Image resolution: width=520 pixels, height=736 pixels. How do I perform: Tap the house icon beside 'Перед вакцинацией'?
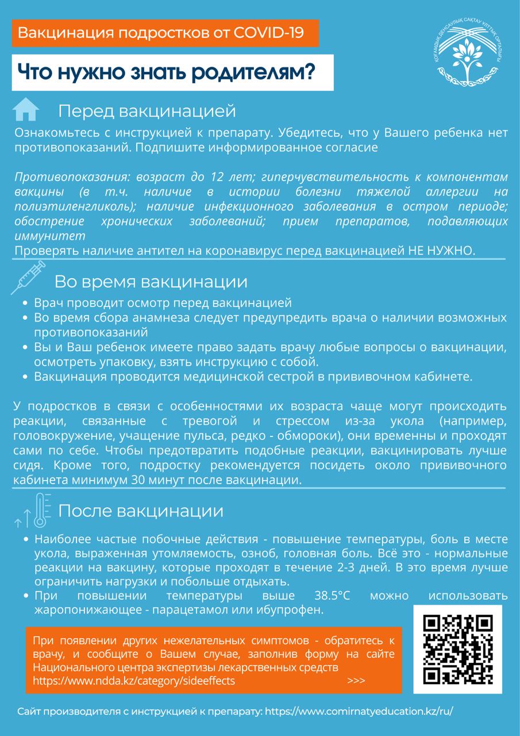[x=26, y=109]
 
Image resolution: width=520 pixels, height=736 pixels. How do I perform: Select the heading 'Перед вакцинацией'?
[x=147, y=110]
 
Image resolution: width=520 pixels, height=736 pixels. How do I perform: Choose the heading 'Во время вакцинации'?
[x=151, y=282]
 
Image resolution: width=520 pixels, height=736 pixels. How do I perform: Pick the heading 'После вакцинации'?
[x=141, y=511]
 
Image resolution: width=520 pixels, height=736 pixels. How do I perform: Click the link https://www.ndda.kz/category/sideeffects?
[x=134, y=680]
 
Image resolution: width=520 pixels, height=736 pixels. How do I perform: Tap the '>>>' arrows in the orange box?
[x=356, y=680]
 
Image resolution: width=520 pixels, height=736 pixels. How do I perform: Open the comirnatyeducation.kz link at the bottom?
[x=361, y=711]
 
